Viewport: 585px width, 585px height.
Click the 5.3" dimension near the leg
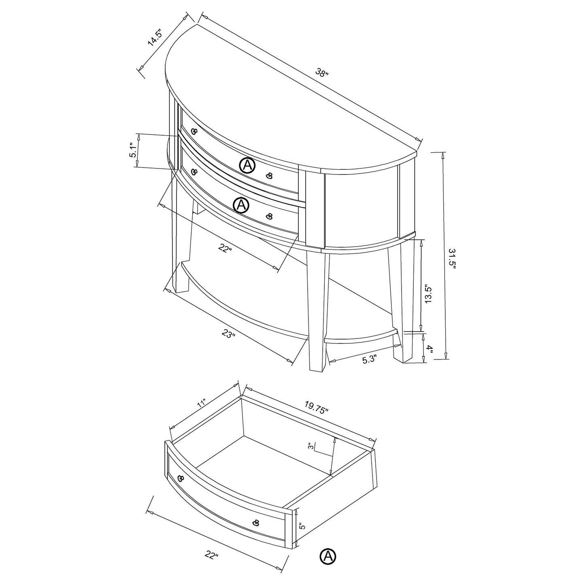(x=369, y=359)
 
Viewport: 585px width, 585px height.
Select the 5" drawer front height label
(x=301, y=526)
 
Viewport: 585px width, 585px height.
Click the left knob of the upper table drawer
(x=194, y=131)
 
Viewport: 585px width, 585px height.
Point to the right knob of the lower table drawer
(x=269, y=216)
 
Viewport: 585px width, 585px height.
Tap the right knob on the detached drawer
(x=256, y=523)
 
